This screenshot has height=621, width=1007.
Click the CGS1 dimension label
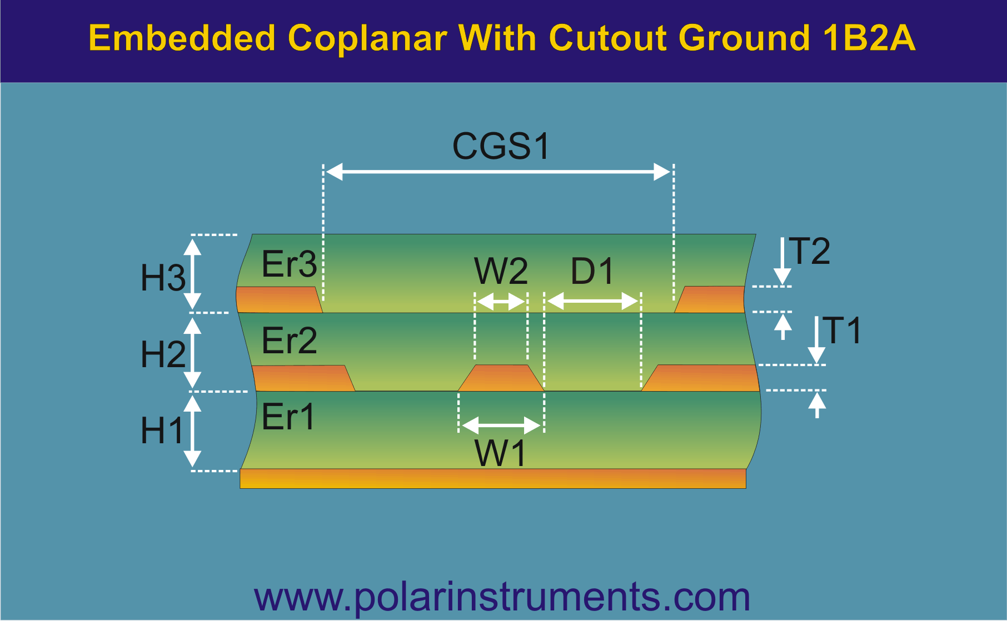501,146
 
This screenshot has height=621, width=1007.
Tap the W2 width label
501,271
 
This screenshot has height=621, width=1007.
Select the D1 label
592,271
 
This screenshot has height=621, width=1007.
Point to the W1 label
501,453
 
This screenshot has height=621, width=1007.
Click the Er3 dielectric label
289,264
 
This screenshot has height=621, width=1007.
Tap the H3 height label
163,277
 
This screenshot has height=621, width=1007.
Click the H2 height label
163,354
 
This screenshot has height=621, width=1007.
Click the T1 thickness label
842,330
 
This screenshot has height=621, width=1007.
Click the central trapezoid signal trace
501,378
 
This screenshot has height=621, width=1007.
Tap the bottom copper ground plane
493,478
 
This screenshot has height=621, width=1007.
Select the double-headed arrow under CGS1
498,172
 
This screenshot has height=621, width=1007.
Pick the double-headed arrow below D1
592,301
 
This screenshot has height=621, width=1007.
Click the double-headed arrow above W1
501,426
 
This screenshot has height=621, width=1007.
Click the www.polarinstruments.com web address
502,597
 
